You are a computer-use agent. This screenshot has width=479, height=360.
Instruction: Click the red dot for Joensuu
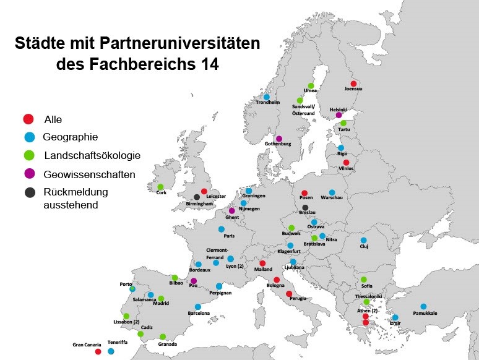(x=353, y=84)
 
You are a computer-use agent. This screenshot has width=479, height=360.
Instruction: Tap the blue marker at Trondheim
(x=267, y=96)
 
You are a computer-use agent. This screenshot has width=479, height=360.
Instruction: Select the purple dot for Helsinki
(x=339, y=114)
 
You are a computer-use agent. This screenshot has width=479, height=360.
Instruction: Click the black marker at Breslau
(x=305, y=208)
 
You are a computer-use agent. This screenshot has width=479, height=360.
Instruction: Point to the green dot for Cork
(x=160, y=187)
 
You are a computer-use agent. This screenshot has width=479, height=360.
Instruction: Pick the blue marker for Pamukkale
(x=423, y=306)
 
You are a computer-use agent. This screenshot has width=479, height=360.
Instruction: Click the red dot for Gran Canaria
(x=98, y=351)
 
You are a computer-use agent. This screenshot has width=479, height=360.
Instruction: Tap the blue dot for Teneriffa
(x=111, y=351)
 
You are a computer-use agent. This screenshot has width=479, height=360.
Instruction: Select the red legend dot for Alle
(x=28, y=119)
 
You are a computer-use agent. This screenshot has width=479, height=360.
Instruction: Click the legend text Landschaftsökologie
(x=92, y=155)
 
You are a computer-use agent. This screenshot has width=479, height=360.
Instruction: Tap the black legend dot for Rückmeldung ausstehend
(x=29, y=192)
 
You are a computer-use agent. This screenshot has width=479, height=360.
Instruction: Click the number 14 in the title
(x=209, y=63)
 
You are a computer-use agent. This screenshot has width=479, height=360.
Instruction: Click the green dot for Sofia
(x=364, y=280)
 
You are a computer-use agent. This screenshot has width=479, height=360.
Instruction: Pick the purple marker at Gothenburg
(x=279, y=139)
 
